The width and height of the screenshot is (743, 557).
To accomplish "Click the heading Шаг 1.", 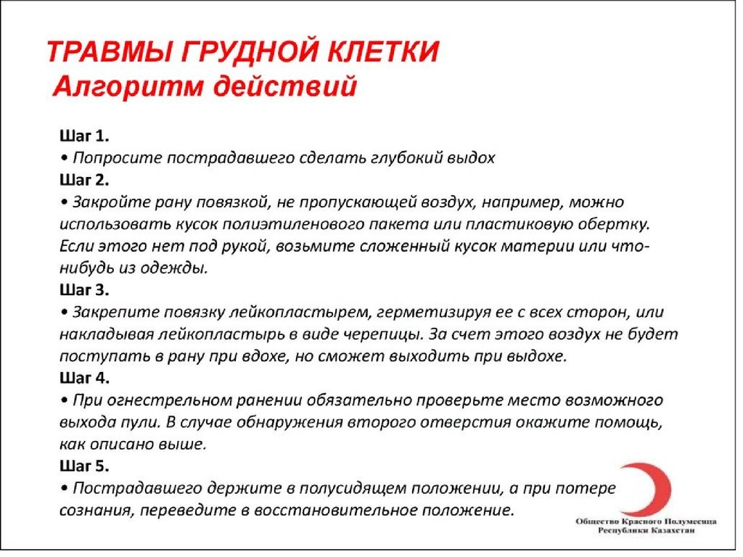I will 83,136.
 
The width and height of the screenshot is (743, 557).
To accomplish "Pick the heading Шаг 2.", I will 83,179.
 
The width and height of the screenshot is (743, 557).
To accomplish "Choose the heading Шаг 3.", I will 83,289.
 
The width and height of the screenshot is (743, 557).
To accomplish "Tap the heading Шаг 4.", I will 83,378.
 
